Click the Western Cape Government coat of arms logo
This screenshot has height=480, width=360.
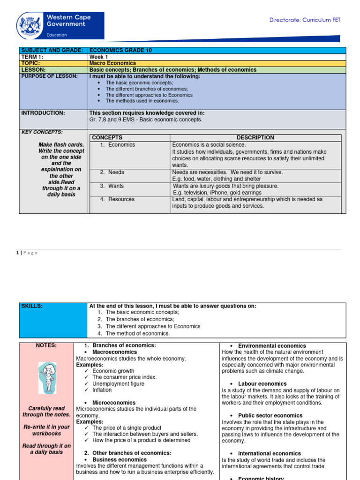(x=30, y=25)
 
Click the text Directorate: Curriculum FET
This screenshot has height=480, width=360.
(x=305, y=20)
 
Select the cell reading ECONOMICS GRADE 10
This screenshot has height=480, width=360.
(x=120, y=50)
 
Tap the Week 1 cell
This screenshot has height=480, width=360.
(x=98, y=57)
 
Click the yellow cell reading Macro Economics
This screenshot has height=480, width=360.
(x=112, y=63)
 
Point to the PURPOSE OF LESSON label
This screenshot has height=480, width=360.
(x=49, y=76)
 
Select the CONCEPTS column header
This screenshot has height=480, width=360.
(x=107, y=137)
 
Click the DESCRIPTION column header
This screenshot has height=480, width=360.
(x=255, y=137)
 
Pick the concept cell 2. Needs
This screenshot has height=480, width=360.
(x=112, y=172)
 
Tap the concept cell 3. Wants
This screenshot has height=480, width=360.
(x=112, y=186)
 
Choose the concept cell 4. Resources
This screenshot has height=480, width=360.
(x=117, y=199)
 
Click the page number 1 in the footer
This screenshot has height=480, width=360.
(x=18, y=253)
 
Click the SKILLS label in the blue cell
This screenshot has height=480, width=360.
(x=31, y=306)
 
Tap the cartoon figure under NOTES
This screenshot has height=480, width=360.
(x=47, y=377)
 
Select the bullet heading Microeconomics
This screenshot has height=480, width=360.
(x=114, y=403)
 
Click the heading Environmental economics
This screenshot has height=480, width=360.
(x=272, y=346)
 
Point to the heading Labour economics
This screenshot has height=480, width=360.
(x=262, y=384)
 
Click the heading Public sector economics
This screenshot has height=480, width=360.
(x=270, y=415)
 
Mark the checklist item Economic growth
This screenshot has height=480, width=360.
(x=113, y=371)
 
